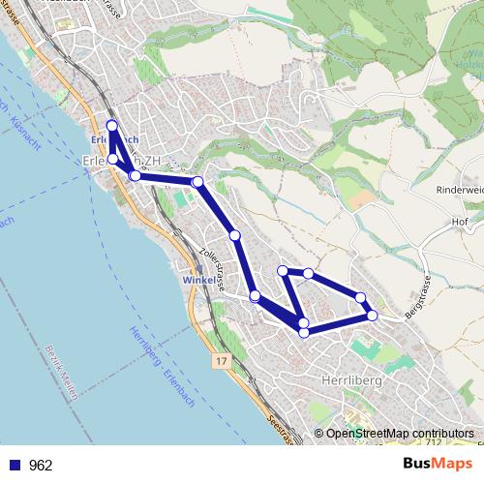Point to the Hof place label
pos(460,221)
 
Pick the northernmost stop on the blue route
pos(111,126)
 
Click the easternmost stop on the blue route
pos(372,316)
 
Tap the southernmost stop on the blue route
pos(304,332)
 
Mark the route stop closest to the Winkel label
pos(254,296)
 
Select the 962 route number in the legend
pos(41,466)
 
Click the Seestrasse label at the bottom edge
pos(277,432)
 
